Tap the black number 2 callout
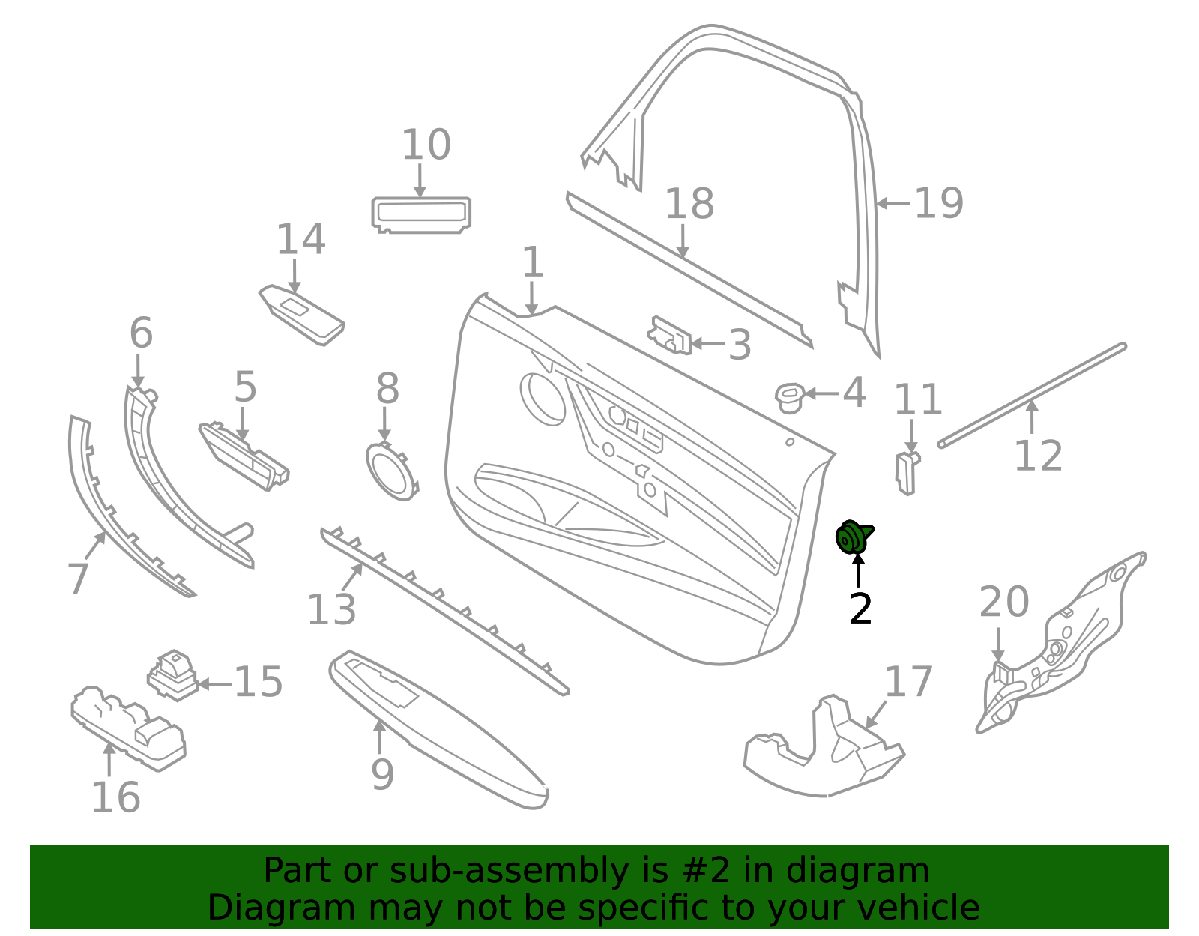click(x=860, y=609)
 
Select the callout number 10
click(x=426, y=145)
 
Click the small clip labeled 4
click(x=788, y=397)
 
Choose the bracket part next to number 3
click(x=670, y=336)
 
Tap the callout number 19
click(x=938, y=203)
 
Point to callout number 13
click(x=331, y=610)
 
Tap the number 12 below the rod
click(x=1038, y=456)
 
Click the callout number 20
click(x=1003, y=603)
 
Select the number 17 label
click(x=908, y=682)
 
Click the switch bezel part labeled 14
click(x=302, y=315)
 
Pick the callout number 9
click(x=382, y=774)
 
